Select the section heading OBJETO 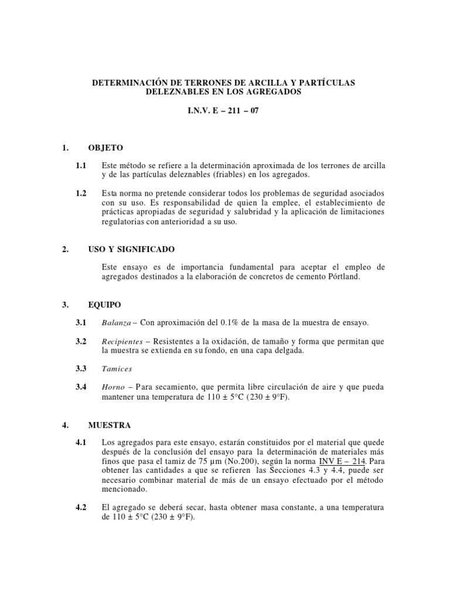point(105,148)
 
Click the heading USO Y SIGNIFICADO point(131,250)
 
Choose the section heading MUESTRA point(109,425)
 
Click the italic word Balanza point(117,323)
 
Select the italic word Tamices point(117,369)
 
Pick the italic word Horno point(112,387)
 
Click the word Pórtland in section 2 point(343,277)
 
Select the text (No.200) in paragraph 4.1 point(239,461)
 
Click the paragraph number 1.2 point(81,193)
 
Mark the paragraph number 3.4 point(81,387)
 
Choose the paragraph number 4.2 point(81,507)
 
